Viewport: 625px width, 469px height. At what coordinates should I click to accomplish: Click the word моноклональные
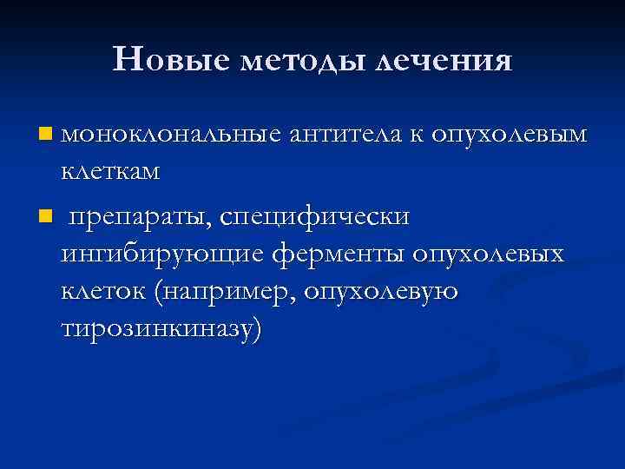(x=171, y=134)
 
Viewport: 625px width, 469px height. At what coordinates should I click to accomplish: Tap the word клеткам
(x=110, y=170)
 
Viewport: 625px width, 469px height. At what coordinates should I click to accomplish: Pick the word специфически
(x=314, y=216)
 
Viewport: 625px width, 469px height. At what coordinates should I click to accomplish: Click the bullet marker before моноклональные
(x=45, y=135)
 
